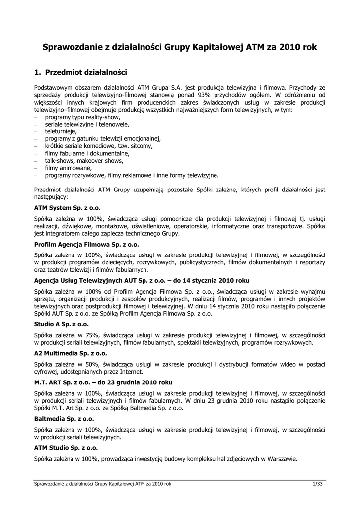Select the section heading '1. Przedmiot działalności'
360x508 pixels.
[x=81, y=72]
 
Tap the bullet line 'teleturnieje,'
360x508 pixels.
[x=61, y=131]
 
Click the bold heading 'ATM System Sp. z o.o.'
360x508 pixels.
[x=67, y=208]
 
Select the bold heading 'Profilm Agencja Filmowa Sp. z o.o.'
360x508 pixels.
[x=87, y=245]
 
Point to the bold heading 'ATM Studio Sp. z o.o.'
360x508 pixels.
[x=66, y=448]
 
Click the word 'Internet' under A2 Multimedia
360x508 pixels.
[x=131, y=372]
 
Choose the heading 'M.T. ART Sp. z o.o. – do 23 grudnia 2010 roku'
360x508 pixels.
[x=103, y=382]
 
